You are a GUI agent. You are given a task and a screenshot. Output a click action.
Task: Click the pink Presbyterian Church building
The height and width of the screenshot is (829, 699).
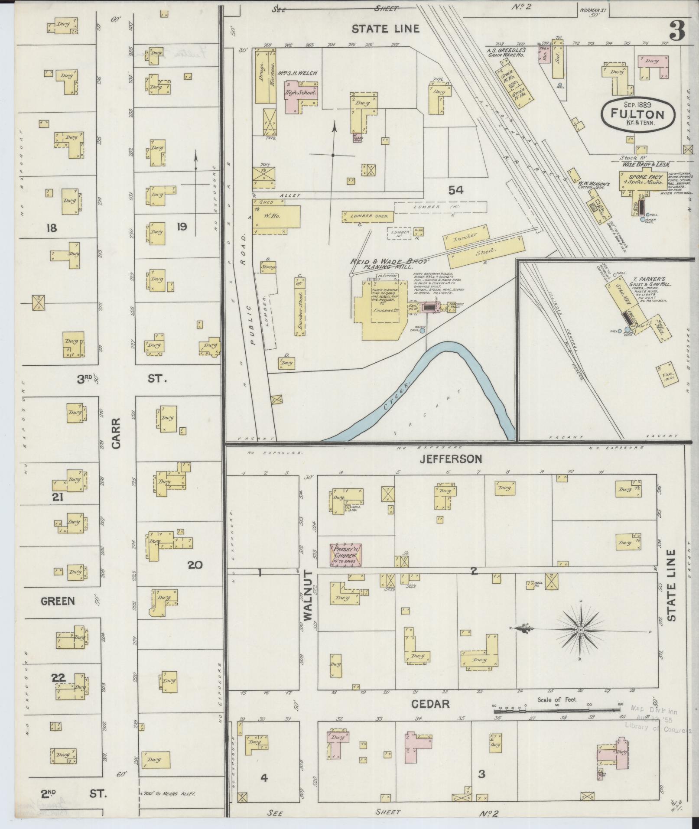[346, 555]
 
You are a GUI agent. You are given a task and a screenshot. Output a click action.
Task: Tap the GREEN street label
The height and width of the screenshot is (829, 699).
[58, 601]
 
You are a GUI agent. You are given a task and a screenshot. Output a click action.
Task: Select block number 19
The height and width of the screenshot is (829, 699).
[181, 226]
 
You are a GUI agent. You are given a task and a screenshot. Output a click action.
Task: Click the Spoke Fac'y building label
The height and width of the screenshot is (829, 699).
[641, 179]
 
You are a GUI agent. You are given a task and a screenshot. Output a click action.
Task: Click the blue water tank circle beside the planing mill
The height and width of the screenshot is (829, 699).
[422, 330]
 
